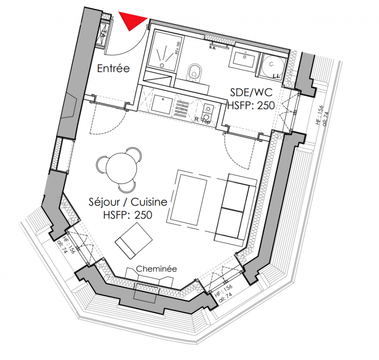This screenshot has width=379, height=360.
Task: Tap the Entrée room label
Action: click(x=113, y=69)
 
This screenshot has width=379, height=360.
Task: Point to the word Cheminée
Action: click(x=156, y=269)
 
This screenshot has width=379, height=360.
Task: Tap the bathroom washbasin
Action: click(x=244, y=58)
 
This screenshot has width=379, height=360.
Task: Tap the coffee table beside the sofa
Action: click(x=191, y=200)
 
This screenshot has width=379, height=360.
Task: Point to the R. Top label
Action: click(x=203, y=120)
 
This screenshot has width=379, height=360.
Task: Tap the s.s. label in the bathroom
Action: click(x=213, y=46)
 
